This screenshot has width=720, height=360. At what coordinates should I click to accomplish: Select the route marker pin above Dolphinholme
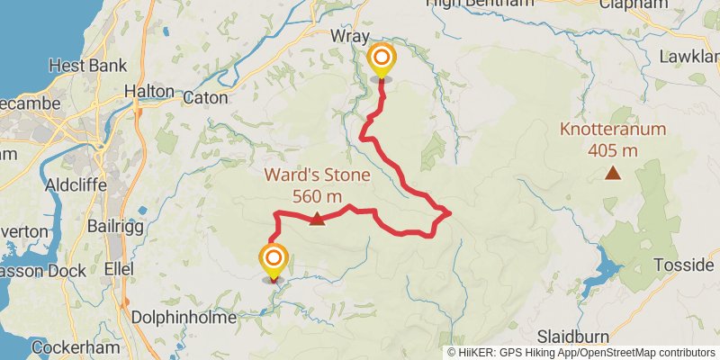coord(273,261)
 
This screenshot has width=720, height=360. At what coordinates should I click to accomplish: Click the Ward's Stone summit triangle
coord(317,218)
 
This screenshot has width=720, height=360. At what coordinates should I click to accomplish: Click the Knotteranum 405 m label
coord(613,139)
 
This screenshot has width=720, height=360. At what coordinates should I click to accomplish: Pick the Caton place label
coord(206,97)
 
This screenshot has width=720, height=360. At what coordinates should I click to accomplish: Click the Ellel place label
coord(119,269)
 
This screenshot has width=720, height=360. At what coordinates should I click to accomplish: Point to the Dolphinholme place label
coord(184,318)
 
